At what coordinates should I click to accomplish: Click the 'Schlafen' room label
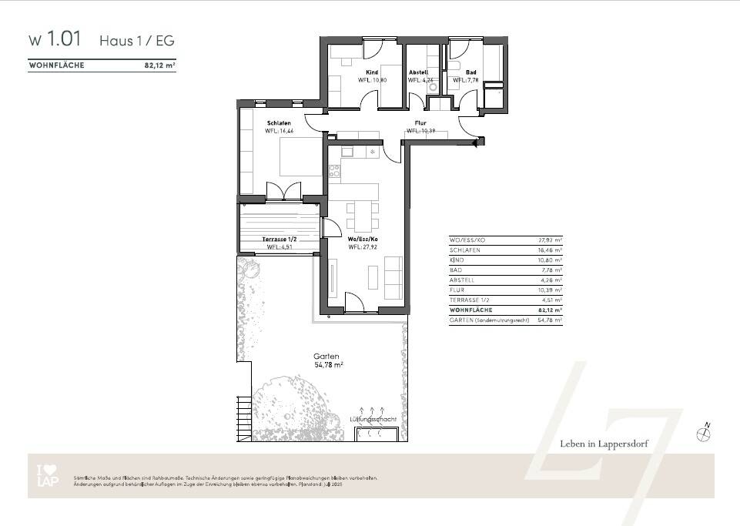tap(277, 123)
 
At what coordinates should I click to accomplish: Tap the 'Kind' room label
tap(372, 72)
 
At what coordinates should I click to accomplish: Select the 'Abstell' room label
tap(418, 72)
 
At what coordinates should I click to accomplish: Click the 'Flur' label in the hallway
tap(420, 123)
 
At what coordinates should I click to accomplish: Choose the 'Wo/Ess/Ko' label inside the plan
tap(363, 240)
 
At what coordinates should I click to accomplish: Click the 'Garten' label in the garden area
tap(326, 356)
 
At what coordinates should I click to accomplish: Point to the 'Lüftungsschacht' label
tap(373, 418)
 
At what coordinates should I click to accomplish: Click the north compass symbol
tap(704, 434)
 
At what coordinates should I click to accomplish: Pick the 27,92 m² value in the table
tap(550, 240)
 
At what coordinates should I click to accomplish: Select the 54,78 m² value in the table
tap(550, 319)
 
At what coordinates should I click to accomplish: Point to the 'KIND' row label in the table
tap(457, 260)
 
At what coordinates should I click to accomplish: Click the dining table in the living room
tap(362, 216)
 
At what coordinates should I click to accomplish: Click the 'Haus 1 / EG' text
tap(137, 40)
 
